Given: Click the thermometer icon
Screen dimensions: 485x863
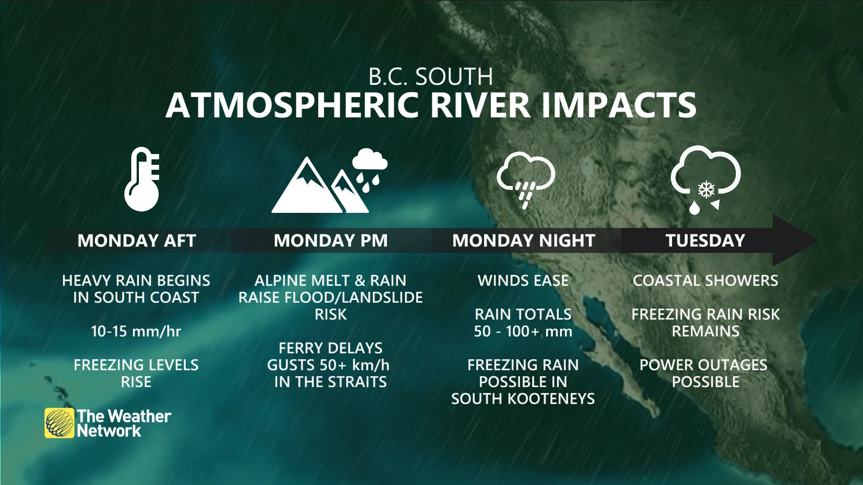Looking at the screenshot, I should click(142, 180).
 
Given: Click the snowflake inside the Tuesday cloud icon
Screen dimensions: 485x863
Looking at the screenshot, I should click(706, 190).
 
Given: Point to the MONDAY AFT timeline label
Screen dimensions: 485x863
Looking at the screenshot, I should click(137, 241).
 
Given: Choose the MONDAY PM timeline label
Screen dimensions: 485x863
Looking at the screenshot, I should click(330, 241).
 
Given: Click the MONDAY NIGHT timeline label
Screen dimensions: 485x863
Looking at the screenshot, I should click(524, 241).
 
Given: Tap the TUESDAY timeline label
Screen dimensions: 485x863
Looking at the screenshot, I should click(705, 241).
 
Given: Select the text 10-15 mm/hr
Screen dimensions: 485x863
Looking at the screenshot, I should click(136, 331).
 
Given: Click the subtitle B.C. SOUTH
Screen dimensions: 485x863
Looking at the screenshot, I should click(431, 77).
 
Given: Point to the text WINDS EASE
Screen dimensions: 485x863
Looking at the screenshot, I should click(523, 281).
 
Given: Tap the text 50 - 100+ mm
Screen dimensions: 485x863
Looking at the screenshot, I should click(523, 331).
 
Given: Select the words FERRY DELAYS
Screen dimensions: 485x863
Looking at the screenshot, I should click(330, 348).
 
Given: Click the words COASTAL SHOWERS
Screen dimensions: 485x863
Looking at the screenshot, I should click(705, 281).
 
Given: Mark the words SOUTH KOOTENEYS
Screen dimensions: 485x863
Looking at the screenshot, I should click(523, 399).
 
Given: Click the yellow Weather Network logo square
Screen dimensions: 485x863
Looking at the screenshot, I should click(59, 423).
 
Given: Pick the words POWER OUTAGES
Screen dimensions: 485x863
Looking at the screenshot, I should click(703, 365).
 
